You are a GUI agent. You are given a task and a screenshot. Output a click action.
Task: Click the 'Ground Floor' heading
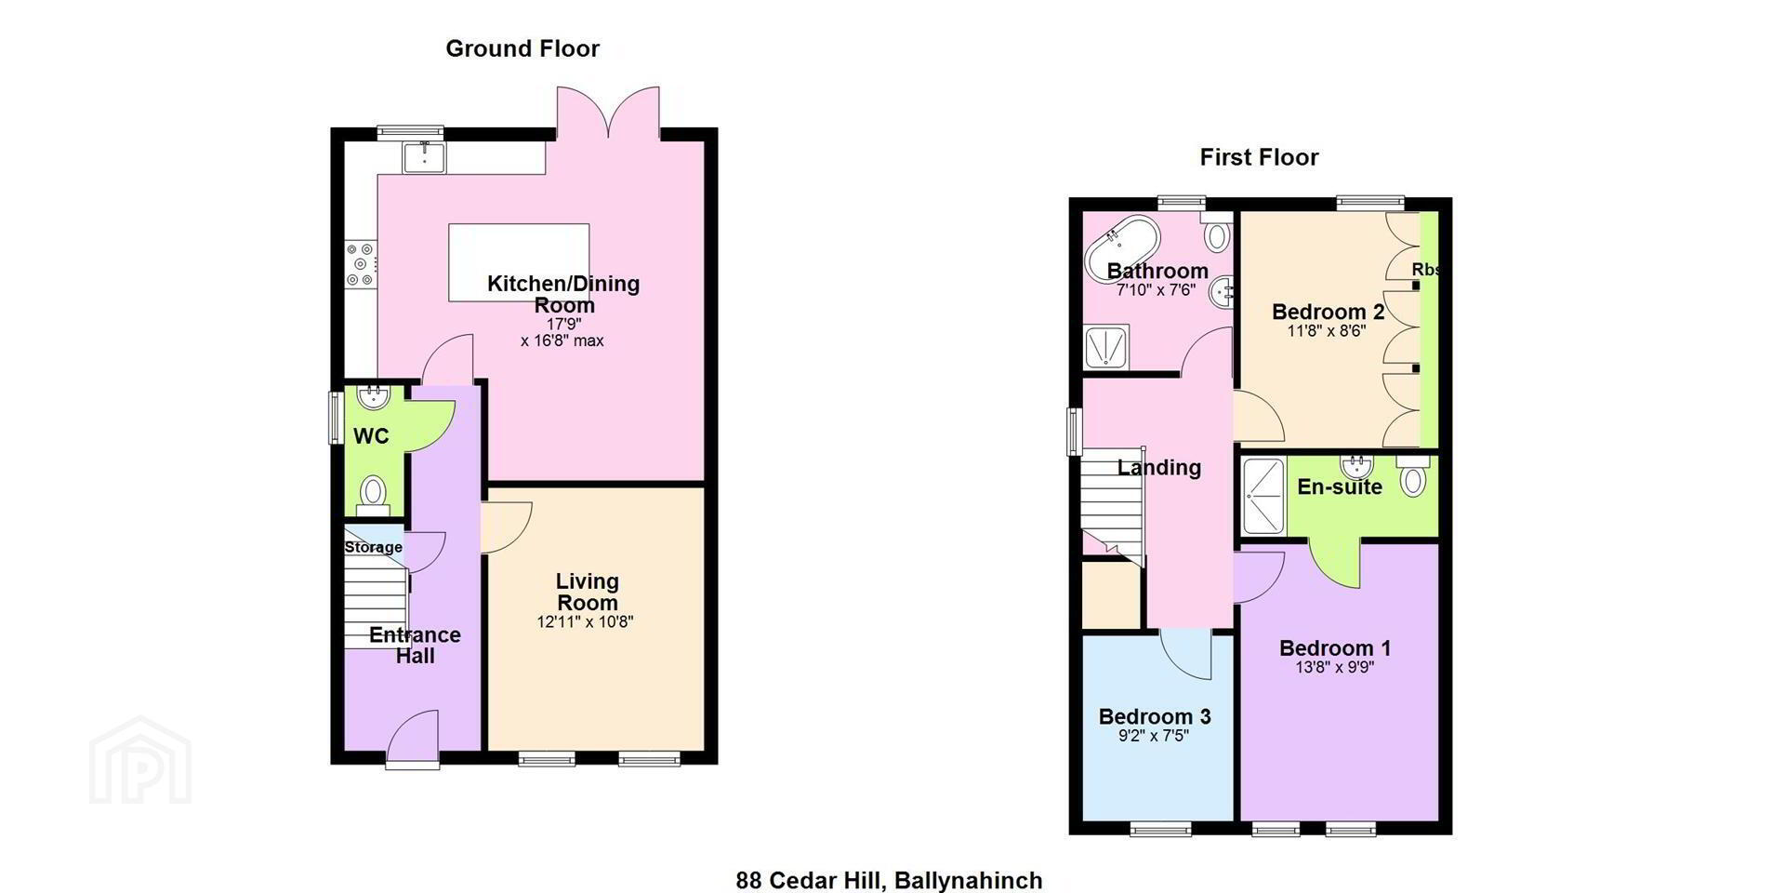(522, 49)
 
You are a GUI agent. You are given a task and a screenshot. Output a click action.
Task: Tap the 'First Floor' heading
(1259, 157)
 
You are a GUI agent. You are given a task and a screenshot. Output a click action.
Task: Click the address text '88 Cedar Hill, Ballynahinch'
(889, 880)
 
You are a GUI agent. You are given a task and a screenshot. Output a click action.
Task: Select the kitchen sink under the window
(425, 157)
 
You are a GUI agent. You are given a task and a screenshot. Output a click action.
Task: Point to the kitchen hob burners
(360, 264)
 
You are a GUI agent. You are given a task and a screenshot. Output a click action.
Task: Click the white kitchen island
(519, 262)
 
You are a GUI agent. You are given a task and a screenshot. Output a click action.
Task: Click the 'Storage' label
(374, 547)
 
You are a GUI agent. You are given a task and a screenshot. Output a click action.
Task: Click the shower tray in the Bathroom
(1106, 347)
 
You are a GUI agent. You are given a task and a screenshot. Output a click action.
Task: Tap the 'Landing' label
(1158, 468)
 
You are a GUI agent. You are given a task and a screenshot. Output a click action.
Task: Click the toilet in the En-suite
(1412, 476)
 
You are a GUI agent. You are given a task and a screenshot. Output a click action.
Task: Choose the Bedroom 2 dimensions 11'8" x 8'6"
(1327, 330)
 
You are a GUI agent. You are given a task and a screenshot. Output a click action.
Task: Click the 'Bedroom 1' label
(1335, 648)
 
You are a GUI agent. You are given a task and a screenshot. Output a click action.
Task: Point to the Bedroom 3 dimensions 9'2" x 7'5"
(1153, 736)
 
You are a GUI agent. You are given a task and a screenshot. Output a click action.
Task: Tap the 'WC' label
(371, 436)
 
